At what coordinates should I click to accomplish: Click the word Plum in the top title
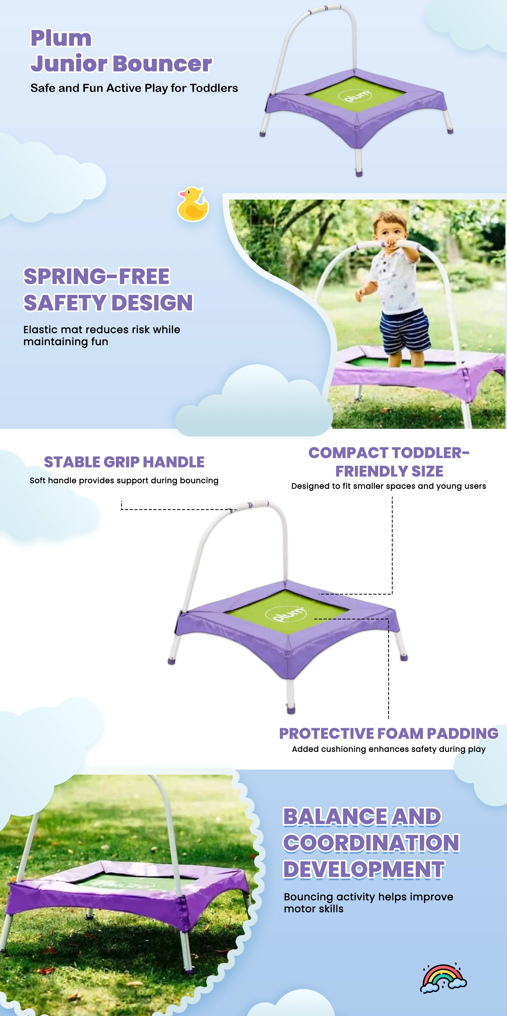[61, 39]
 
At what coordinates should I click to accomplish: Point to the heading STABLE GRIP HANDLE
[124, 462]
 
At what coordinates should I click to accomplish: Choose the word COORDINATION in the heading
[371, 843]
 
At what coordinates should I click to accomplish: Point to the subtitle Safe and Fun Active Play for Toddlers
[134, 88]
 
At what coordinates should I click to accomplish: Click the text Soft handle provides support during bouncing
[124, 480]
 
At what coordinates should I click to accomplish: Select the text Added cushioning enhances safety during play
[389, 749]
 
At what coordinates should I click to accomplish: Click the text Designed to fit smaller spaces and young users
[389, 486]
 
